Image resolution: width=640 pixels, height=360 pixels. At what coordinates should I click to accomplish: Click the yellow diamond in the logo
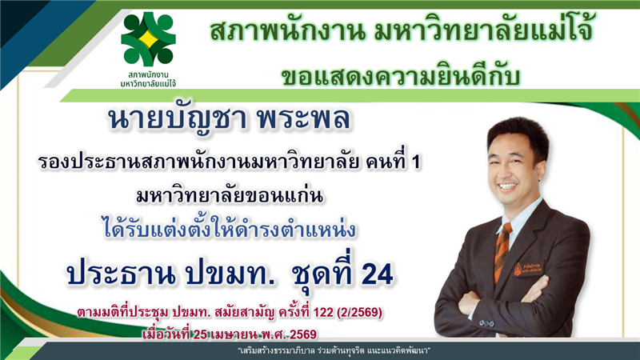point(148,38)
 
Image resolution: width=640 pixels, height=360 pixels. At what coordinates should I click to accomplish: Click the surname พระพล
point(304,118)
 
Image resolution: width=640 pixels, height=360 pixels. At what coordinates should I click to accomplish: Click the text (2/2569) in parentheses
point(359,313)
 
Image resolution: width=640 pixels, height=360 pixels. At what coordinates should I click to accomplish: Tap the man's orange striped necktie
point(502,252)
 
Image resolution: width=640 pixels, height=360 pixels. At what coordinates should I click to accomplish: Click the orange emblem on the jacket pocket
point(518,269)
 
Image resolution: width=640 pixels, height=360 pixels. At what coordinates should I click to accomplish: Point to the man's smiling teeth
point(507,186)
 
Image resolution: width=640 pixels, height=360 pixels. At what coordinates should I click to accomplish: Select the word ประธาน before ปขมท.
point(122,274)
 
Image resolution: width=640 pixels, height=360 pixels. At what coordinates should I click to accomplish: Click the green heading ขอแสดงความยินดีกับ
point(401,77)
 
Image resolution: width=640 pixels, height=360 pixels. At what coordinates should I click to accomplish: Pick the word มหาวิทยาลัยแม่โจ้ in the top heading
point(483,31)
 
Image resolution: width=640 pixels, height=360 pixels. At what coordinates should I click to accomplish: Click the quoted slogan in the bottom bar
point(334,350)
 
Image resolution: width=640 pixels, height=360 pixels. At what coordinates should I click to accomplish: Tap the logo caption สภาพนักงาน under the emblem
point(148,75)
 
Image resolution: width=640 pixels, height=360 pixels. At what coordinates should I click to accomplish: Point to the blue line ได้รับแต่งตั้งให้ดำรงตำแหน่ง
point(230,230)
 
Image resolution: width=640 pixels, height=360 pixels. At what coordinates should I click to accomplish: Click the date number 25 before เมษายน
point(201,334)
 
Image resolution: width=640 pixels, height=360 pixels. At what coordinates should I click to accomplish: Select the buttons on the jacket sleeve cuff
point(486,323)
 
